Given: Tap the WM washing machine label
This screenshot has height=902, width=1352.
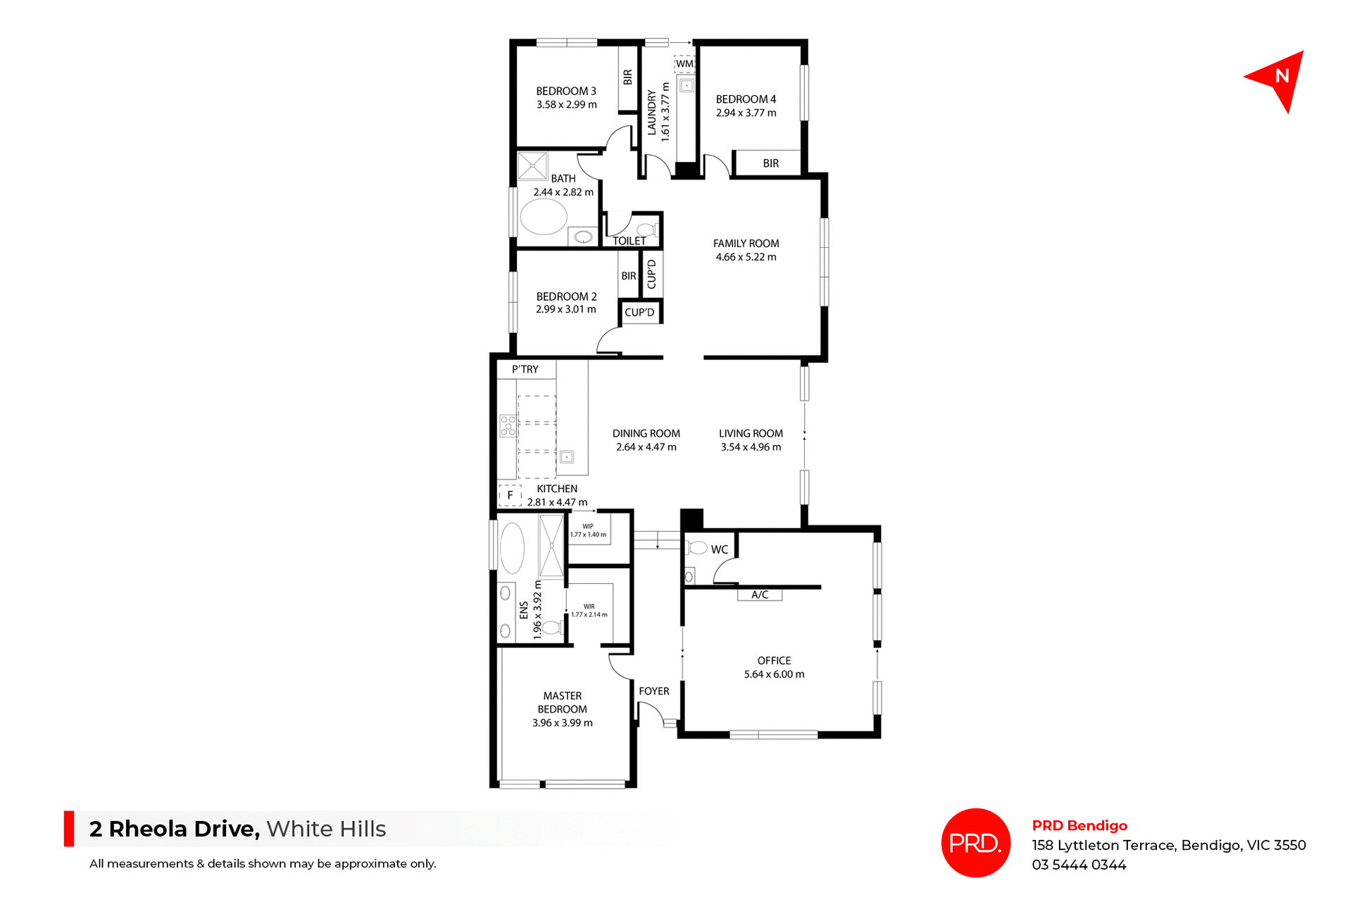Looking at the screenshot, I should pyautogui.click(x=684, y=64).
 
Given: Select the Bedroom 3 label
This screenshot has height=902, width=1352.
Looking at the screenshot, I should pyautogui.click(x=565, y=91).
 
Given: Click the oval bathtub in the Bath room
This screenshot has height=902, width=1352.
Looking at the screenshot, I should pyautogui.click(x=543, y=217).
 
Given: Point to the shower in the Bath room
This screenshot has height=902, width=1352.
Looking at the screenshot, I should pyautogui.click(x=532, y=166).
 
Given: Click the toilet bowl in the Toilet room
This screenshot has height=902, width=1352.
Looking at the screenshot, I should pyautogui.click(x=646, y=230).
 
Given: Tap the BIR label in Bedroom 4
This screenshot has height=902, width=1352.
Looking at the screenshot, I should pyautogui.click(x=770, y=163).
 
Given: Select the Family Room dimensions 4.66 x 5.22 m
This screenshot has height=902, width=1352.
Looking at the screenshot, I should pyautogui.click(x=746, y=257).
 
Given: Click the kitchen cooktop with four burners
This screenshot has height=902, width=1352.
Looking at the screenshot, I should pyautogui.click(x=508, y=426).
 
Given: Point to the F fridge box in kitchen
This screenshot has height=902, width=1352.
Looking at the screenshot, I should pyautogui.click(x=510, y=495).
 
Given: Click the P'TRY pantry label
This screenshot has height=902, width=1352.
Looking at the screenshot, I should pyautogui.click(x=525, y=369).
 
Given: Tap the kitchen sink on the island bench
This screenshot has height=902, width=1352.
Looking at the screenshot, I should pyautogui.click(x=566, y=457).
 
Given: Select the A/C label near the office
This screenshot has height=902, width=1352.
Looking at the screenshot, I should pyautogui.click(x=759, y=595).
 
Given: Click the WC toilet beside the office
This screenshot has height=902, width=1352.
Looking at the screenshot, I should pyautogui.click(x=697, y=548).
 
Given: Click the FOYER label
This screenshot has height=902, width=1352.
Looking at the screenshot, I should pyautogui.click(x=653, y=691).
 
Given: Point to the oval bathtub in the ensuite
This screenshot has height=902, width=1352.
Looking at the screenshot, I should pyautogui.click(x=512, y=548).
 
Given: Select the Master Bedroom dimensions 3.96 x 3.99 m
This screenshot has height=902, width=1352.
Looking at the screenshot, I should pyautogui.click(x=562, y=723).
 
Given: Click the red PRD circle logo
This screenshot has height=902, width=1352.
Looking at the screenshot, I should pyautogui.click(x=975, y=843).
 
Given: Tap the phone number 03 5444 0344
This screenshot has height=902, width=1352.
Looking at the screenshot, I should pyautogui.click(x=1079, y=865).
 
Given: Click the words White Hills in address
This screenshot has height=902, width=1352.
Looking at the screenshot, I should pyautogui.click(x=326, y=829).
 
